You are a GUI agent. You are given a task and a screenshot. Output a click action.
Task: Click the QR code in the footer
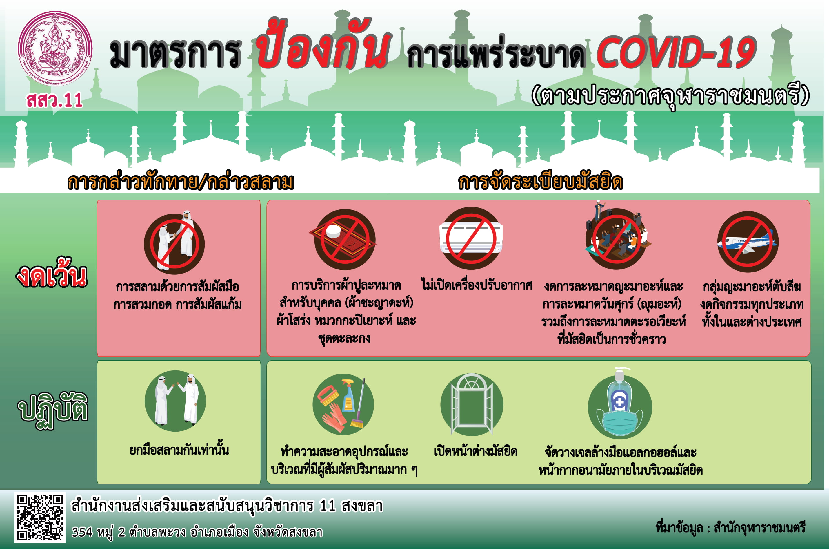point(40,518)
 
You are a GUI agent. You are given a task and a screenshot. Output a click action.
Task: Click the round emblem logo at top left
point(55,48)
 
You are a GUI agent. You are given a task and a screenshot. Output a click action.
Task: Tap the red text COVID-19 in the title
point(676,53)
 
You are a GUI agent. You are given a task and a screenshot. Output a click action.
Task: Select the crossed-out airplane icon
point(748,242)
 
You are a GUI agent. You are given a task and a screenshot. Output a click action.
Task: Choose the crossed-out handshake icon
point(174,243)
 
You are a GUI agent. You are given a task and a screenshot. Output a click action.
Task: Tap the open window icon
point(472,404)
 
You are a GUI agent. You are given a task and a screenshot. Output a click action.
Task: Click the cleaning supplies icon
point(343,404)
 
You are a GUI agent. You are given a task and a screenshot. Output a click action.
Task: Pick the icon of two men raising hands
point(175,401)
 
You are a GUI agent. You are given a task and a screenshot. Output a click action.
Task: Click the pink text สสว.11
point(54,100)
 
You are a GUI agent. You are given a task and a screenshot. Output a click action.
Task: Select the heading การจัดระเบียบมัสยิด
point(541,182)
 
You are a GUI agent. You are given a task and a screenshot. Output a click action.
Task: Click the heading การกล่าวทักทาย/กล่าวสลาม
point(181,182)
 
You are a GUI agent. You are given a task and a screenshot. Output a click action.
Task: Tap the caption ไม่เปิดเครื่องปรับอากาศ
point(477,285)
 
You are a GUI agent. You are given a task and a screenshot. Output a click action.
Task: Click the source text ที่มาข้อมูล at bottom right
point(730,528)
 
